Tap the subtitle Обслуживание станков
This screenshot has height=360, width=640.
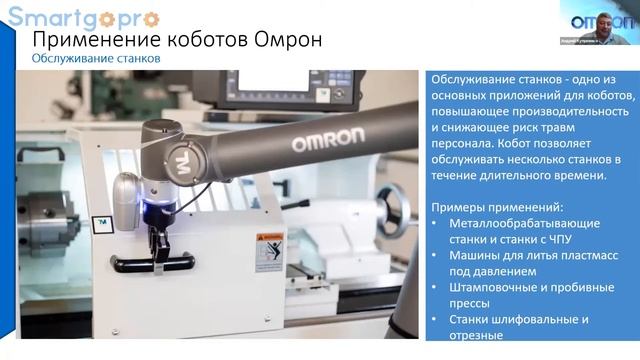coord(96,59)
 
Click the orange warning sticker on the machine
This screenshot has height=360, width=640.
coord(268,249)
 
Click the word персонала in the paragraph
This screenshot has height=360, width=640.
coord(461,143)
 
